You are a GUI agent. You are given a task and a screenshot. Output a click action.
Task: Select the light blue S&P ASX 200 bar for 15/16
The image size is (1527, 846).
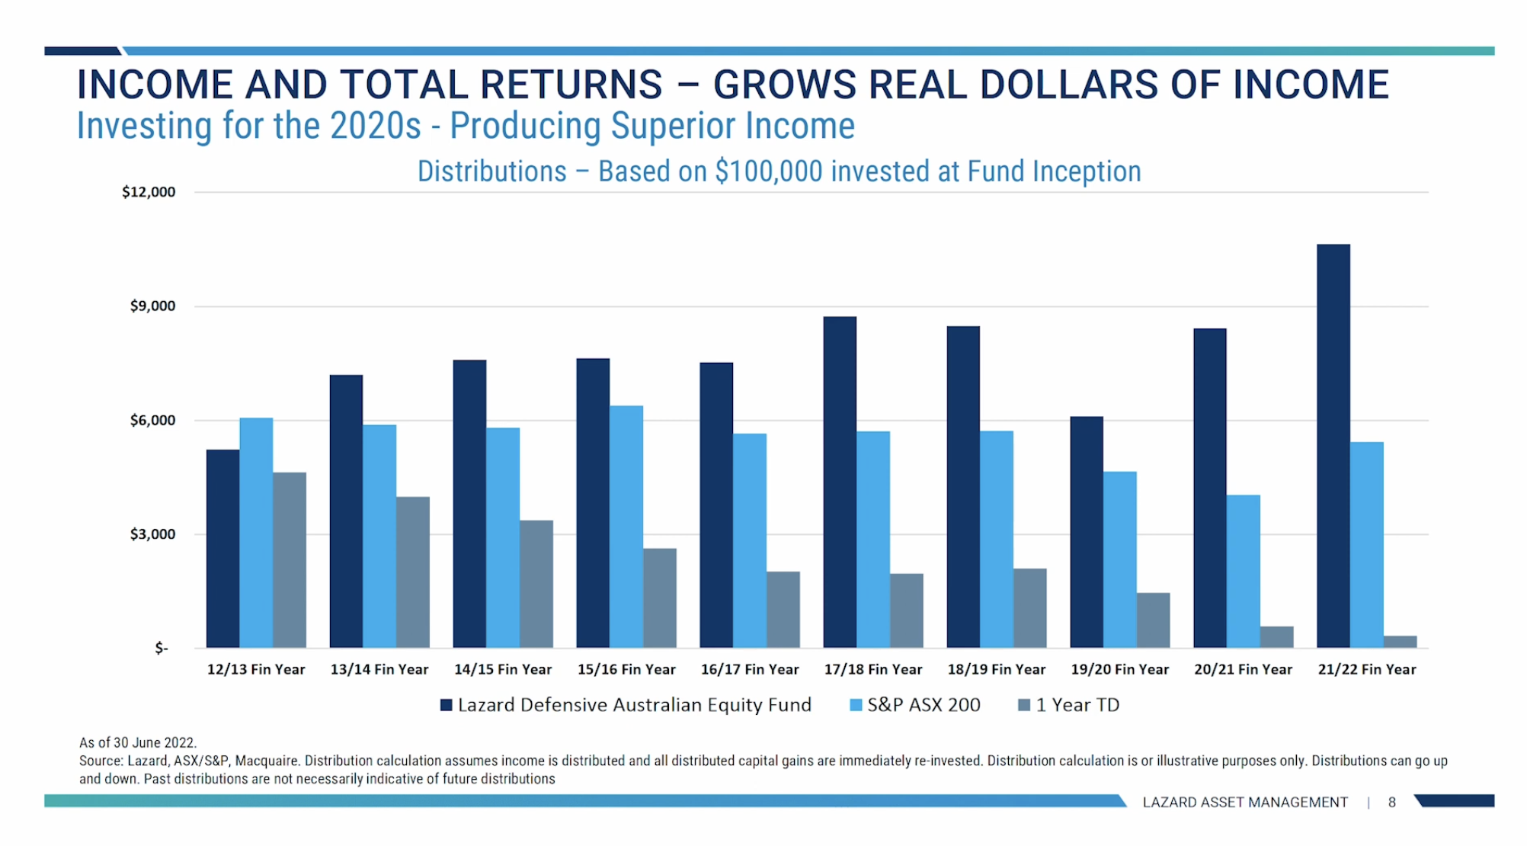pos(626,527)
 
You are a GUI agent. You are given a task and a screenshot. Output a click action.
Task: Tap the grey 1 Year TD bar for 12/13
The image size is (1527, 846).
pos(290,560)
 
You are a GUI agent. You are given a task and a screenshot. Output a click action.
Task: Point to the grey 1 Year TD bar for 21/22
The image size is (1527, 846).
pos(1400,642)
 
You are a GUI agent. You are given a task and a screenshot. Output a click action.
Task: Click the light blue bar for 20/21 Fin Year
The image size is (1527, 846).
pos(1243,572)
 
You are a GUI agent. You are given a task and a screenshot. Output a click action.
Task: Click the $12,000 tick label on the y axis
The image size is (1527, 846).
pos(149,192)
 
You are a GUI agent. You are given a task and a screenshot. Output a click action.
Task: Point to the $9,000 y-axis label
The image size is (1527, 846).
pos(152,306)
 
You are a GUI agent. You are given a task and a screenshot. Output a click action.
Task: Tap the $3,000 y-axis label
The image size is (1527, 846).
pos(152,534)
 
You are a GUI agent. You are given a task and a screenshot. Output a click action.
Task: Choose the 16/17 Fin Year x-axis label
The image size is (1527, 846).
pos(750,670)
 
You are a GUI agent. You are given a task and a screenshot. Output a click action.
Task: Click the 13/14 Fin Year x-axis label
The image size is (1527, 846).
pos(379,670)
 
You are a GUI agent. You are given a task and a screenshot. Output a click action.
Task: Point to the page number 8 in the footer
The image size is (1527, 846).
pos(1391,803)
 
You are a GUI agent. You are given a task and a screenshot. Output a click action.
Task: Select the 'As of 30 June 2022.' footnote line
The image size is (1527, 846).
pos(138,742)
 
